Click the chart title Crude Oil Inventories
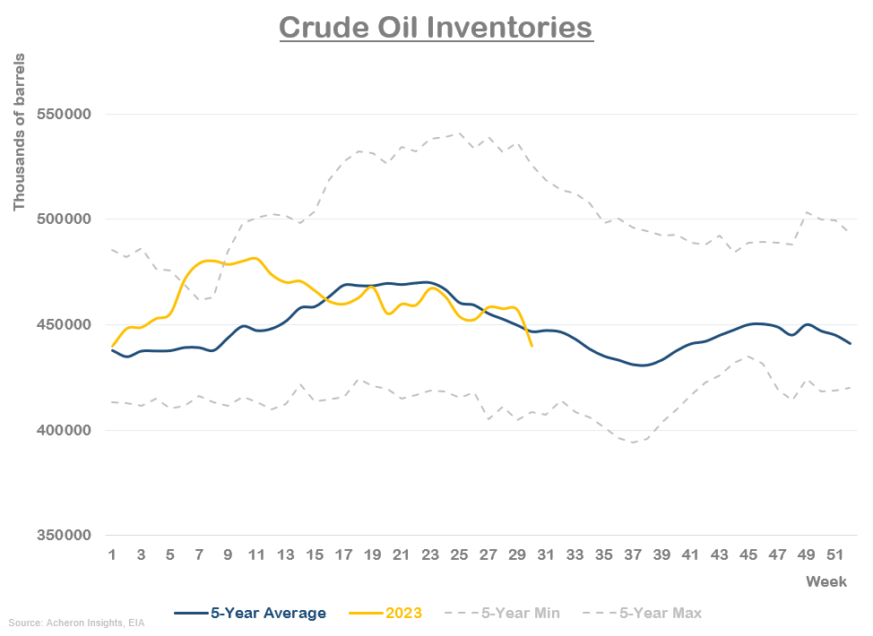tap(436, 27)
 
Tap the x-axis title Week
tap(825, 582)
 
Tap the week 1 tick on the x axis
tap(112, 555)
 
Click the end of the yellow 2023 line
tap(532, 345)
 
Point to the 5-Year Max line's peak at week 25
tap(460, 133)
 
